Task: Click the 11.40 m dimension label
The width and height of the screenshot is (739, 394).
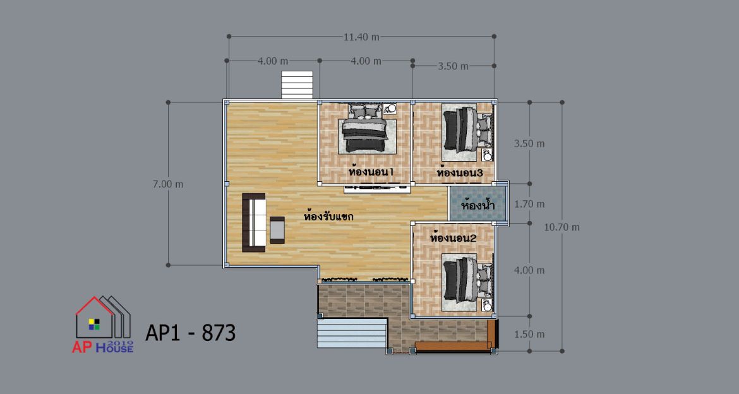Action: tap(361, 37)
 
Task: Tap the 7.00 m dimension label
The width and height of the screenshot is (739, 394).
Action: tap(168, 184)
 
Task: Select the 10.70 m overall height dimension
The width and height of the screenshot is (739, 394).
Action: tap(562, 227)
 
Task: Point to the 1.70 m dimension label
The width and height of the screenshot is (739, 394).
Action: tap(529, 204)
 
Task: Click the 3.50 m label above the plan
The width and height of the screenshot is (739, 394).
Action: tap(454, 66)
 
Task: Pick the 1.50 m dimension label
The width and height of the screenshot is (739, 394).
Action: tap(529, 334)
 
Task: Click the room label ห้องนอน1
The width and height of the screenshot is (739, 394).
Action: tap(371, 172)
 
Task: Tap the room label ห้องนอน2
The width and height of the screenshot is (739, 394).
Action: tap(454, 238)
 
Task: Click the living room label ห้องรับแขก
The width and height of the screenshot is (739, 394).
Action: tap(328, 217)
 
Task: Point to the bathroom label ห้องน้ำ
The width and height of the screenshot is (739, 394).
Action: tap(478, 205)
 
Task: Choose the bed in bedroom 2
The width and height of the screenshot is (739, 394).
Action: tap(467, 280)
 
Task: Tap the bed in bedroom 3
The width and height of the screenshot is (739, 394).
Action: tap(467, 130)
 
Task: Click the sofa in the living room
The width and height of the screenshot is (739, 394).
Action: tap(253, 222)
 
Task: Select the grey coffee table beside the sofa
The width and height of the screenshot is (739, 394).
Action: tap(277, 230)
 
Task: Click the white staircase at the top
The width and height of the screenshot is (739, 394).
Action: tap(297, 85)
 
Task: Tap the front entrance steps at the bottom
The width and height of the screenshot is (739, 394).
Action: tap(352, 333)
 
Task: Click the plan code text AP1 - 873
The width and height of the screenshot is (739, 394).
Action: tap(190, 333)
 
